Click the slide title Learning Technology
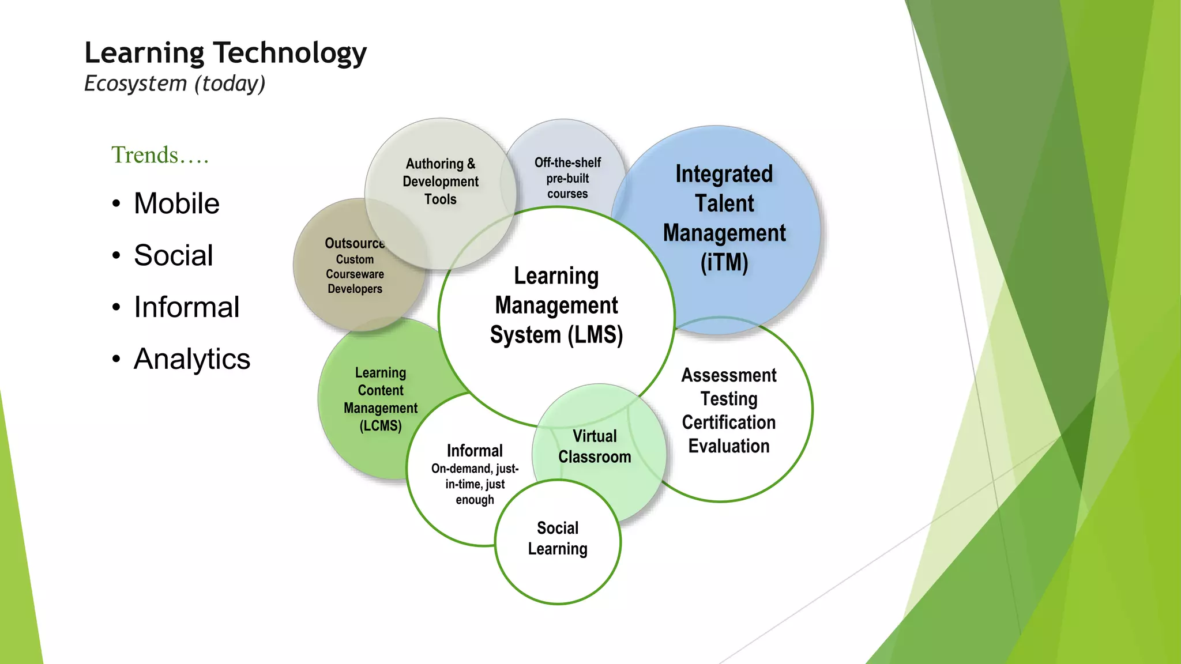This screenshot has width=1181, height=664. point(225,53)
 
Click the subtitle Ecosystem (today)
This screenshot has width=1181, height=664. point(175,84)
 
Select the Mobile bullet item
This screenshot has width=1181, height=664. point(176,203)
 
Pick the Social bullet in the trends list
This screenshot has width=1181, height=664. point(173,255)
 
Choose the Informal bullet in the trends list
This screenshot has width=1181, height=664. point(186,307)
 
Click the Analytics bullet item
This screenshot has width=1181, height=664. point(191,359)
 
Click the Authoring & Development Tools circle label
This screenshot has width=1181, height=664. point(441,182)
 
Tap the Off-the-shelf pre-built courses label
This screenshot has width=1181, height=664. point(567,178)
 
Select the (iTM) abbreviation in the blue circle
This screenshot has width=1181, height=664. point(724,263)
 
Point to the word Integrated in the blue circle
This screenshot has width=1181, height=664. point(724,174)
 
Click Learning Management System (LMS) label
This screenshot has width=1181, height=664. point(556,305)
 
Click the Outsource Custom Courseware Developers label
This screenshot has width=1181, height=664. point(355,266)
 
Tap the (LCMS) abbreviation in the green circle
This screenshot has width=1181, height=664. point(381,426)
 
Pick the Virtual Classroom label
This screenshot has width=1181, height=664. point(595,447)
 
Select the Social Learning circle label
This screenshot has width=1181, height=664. point(558,538)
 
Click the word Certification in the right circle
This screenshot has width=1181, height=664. point(728,422)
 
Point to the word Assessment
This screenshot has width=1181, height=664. point(729,375)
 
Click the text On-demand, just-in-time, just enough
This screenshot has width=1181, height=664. point(475,484)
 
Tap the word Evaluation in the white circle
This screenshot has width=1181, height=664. point(729,446)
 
